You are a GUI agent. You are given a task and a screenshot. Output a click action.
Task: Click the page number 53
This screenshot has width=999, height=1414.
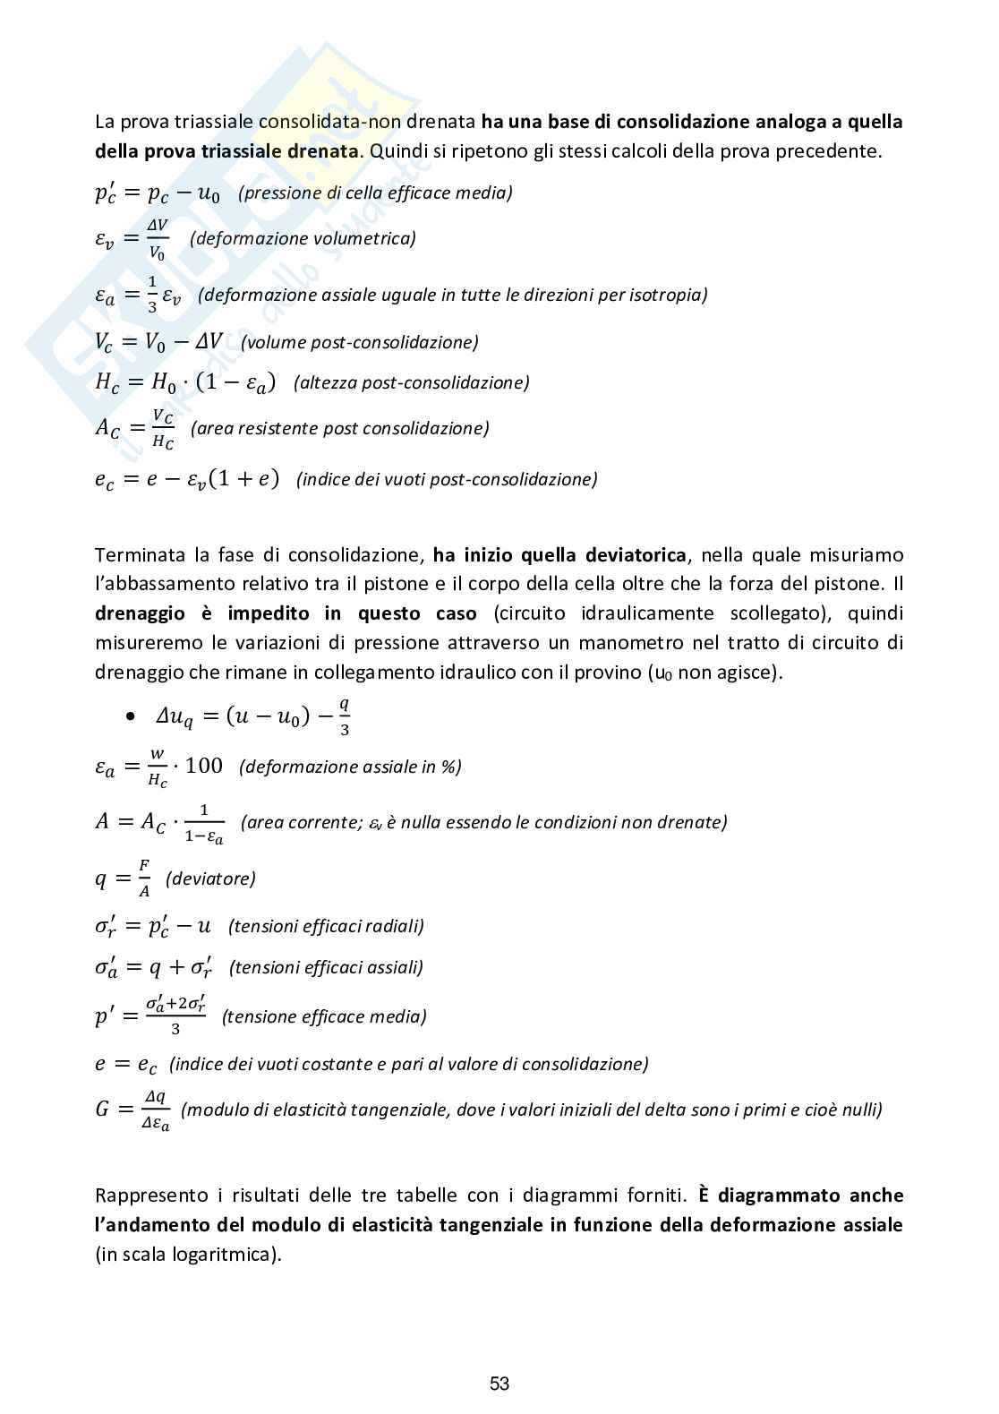(499, 1384)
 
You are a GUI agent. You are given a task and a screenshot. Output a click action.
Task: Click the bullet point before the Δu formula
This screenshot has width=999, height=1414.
(132, 716)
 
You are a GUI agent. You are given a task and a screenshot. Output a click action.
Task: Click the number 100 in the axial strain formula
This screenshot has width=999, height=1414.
(204, 766)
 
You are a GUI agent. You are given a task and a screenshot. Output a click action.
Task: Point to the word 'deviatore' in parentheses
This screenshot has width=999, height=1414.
(210, 878)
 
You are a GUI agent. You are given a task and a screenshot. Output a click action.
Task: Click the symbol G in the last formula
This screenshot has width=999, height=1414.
(102, 1110)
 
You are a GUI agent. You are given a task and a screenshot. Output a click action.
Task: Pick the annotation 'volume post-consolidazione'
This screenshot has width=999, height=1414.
(359, 342)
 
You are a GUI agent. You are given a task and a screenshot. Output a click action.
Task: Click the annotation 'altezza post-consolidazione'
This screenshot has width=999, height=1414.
(412, 382)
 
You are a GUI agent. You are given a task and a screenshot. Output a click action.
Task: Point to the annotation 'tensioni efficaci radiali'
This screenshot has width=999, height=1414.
(326, 926)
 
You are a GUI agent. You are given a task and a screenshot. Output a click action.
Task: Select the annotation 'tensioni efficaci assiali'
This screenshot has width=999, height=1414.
(326, 967)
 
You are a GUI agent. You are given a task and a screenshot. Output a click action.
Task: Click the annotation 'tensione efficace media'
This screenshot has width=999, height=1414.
(324, 1016)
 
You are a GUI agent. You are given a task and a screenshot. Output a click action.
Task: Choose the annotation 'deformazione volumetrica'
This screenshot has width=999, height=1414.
(303, 238)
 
